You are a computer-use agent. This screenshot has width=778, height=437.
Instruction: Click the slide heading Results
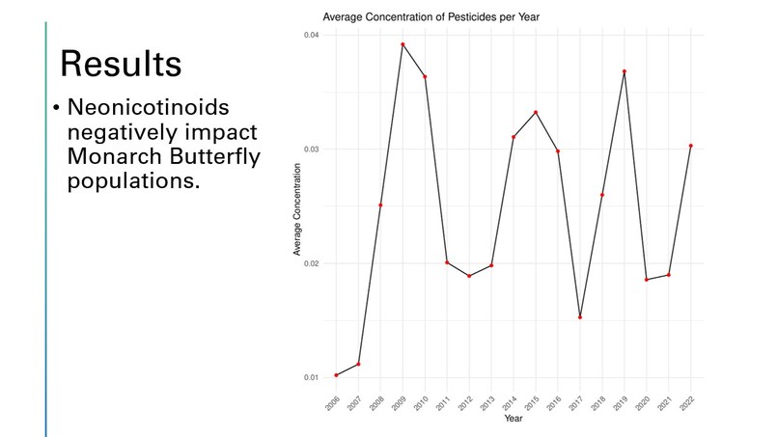click(x=120, y=63)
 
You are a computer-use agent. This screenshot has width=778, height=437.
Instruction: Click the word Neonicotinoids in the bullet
click(x=153, y=107)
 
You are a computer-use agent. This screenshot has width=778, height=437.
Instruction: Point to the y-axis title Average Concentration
click(x=298, y=209)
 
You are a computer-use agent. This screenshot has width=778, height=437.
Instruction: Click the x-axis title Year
click(x=514, y=418)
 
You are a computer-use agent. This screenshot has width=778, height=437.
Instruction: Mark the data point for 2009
click(x=403, y=44)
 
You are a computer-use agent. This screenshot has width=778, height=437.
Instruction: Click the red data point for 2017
click(x=580, y=317)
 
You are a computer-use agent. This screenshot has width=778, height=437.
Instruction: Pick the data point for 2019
click(x=625, y=71)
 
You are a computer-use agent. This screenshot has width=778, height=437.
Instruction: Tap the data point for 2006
click(x=336, y=375)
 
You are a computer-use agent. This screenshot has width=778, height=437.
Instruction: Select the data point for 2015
click(x=536, y=113)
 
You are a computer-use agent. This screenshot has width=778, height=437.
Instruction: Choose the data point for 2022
click(x=691, y=146)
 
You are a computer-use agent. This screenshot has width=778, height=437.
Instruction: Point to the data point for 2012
click(x=469, y=276)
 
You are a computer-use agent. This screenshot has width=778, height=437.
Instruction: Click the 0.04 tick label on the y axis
click(x=313, y=36)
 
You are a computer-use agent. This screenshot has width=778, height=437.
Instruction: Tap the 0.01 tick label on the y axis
click(x=313, y=377)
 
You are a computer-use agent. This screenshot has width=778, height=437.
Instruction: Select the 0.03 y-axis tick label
click(x=313, y=150)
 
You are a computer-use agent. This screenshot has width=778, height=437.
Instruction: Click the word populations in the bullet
click(x=133, y=180)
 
